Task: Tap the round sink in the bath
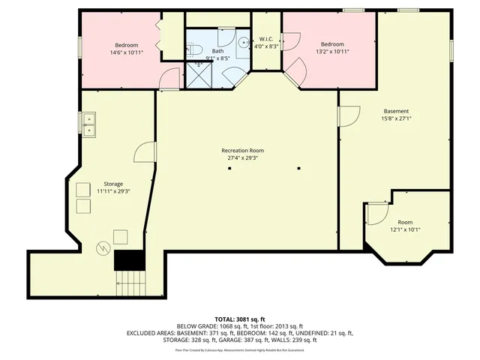pos(244,43)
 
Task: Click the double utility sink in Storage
pos(89,124)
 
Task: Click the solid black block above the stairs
pos(128,260)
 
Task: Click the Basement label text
pos(396,111)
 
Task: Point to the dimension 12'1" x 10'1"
pos(405,230)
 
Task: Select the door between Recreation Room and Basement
pos(348,116)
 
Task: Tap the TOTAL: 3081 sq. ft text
pos(240,319)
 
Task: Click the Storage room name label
pos(113,184)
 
